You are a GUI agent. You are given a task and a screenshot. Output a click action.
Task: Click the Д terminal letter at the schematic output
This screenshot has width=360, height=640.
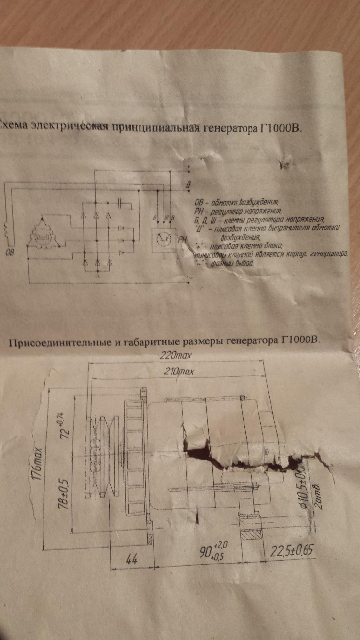point(189,185)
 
